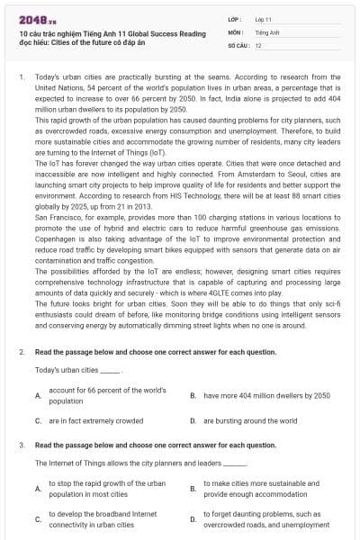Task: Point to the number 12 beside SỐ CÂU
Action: tap(258, 44)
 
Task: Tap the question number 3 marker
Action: tap(22, 445)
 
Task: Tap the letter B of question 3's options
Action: tap(193, 489)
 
